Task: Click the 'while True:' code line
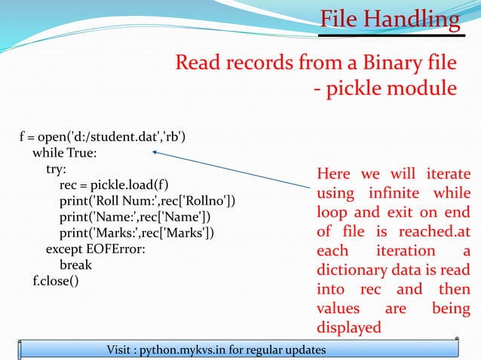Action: coord(65,153)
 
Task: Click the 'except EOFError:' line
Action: coord(96,249)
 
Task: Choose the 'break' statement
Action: coord(75,265)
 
